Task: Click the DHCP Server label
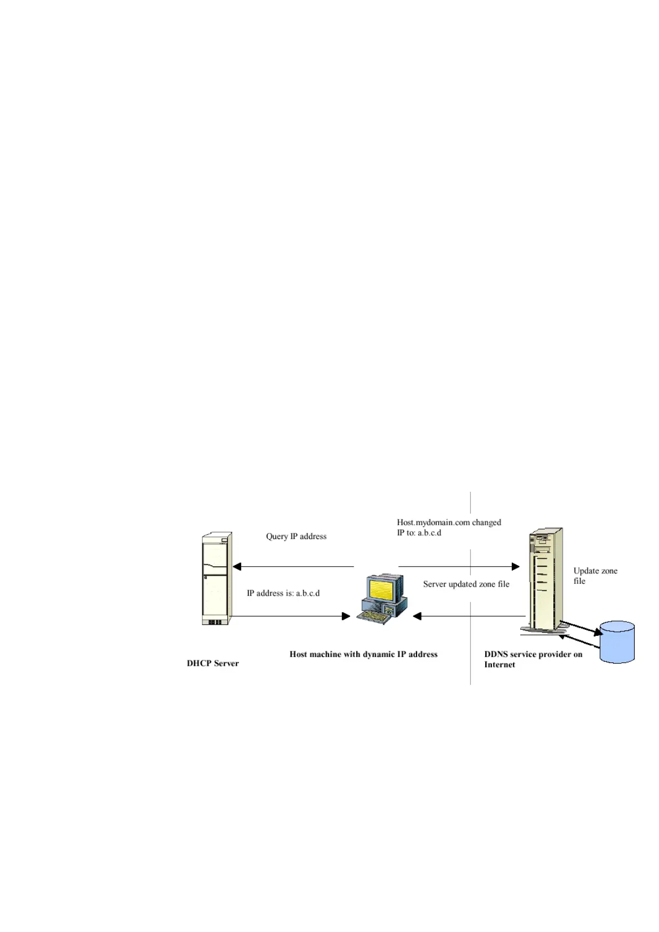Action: tap(212, 663)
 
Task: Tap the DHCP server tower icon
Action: tap(216, 578)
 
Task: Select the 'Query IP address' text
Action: tap(296, 536)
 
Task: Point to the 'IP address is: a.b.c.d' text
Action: tap(283, 593)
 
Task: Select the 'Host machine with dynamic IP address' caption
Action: tap(363, 654)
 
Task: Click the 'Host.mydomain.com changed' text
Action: tap(449, 522)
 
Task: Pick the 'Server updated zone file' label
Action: tap(466, 584)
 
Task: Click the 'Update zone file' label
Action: tap(595, 576)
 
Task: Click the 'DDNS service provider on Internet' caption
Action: tap(533, 659)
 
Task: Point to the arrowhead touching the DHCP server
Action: tap(237, 566)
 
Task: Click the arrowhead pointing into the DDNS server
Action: tap(515, 566)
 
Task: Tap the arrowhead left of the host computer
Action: tap(346, 616)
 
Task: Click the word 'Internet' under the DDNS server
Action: tap(499, 665)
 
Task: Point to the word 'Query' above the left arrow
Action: tap(277, 536)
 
